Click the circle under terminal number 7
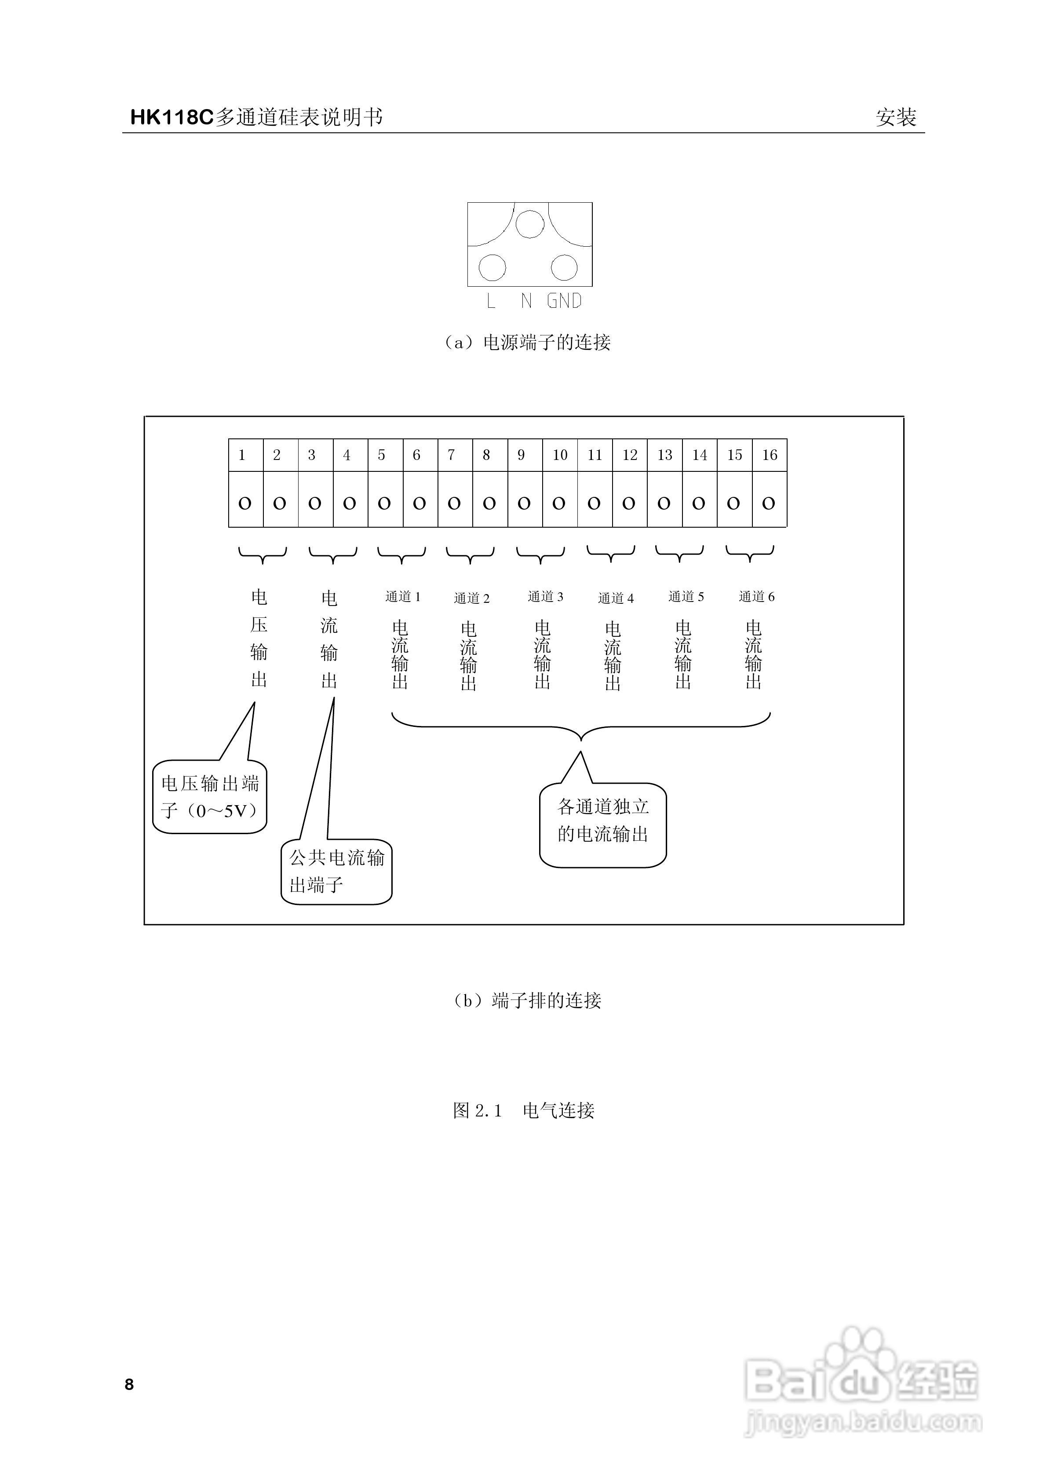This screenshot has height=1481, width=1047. [454, 503]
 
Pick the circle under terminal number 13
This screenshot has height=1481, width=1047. [664, 503]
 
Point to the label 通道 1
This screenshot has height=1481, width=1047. [402, 597]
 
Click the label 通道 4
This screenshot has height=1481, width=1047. [616, 598]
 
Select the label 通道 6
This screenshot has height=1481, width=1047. [756, 597]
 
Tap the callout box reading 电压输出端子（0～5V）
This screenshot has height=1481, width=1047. [210, 797]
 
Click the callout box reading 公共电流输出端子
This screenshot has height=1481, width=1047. [336, 871]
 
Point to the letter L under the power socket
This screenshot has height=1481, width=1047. [491, 301]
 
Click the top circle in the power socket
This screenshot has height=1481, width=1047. [530, 224]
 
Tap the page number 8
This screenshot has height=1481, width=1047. [129, 1384]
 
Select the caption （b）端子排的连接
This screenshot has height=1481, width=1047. [527, 1000]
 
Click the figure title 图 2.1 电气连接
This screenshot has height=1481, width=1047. [523, 1110]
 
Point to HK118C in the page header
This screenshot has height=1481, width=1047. [171, 117]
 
